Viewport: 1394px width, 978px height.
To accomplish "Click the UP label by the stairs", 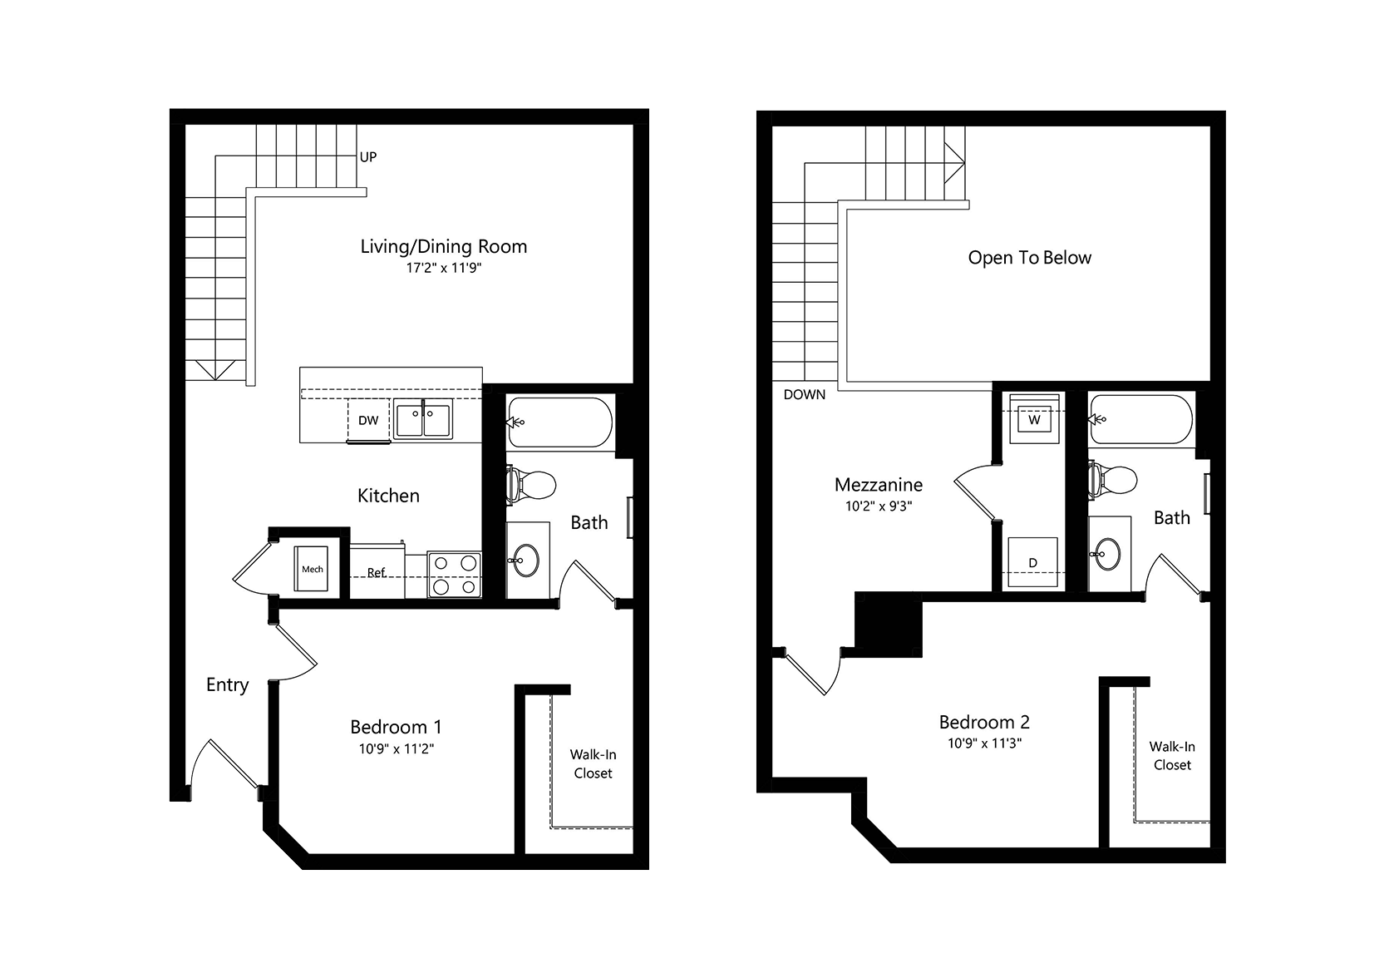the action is pos(367,157).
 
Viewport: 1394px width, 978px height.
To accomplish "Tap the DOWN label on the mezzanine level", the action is pos(804,395).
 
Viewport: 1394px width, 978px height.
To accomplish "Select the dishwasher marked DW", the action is pos(368,420).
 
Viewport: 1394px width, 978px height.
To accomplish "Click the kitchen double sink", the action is pos(423,419).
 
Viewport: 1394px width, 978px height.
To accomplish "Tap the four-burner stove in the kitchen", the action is pos(455,575).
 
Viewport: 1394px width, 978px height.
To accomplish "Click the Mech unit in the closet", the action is pos(312,569).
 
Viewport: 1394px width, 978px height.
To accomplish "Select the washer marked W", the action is pos(1034,419).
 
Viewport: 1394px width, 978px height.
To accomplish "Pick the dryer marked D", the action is pos(1033,562).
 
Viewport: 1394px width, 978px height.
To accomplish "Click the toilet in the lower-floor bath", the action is pos(531,485).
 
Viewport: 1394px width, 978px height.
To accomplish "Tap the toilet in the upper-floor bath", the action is pos(1113,480).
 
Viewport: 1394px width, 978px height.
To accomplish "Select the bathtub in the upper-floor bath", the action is pos(1141,420).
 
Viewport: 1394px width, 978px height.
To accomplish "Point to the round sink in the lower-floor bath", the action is pos(526,561).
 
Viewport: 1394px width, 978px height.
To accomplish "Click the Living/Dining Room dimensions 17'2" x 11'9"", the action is pos(444,269).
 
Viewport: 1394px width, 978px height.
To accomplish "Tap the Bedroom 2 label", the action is pos(984,722).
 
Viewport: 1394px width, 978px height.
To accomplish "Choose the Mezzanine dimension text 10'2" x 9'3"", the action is pos(878,506).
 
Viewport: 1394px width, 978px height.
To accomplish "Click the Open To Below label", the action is pos(1029,258).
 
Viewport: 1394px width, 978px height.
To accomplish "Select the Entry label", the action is pos(227,684).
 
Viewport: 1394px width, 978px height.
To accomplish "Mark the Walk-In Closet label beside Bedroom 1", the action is pos(593,763).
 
